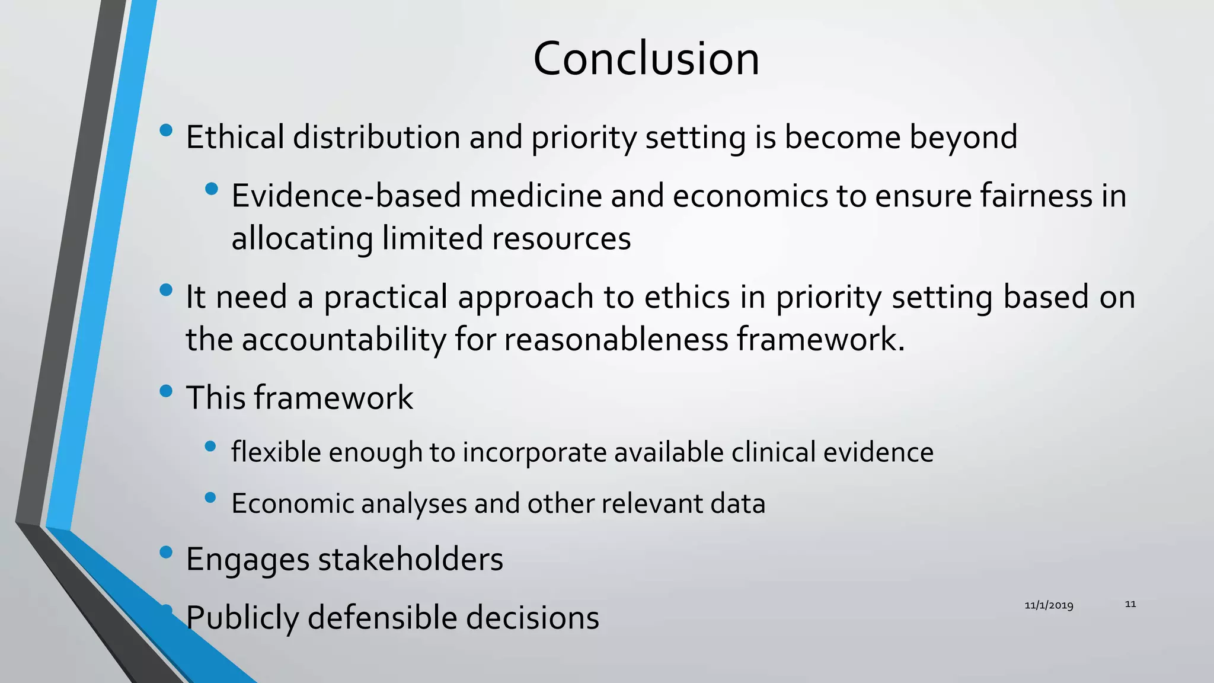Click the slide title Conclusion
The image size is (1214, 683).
click(646, 59)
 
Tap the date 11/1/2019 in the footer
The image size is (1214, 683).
click(1049, 605)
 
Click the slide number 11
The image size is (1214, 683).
click(1130, 604)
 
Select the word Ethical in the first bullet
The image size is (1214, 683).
click(235, 137)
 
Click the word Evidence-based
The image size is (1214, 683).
click(346, 196)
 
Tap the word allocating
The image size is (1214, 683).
click(302, 238)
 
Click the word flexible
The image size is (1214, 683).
click(276, 452)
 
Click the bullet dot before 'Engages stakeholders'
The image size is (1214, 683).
click(166, 553)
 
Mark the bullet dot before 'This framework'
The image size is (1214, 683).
click(166, 391)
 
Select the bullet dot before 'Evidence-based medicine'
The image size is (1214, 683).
click(211, 189)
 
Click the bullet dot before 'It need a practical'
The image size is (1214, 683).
click(166, 291)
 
